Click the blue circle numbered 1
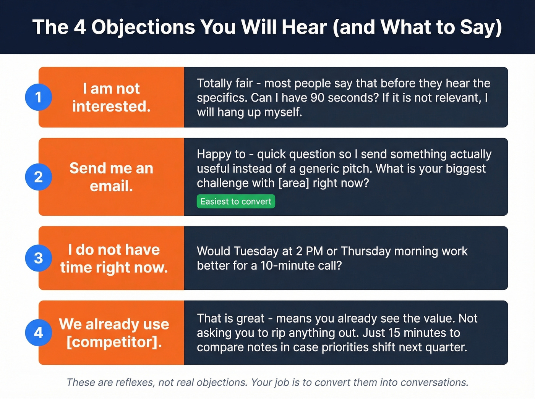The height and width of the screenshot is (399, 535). (38, 97)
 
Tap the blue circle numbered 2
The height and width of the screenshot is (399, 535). (38, 177)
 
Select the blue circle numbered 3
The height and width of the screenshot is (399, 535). (38, 258)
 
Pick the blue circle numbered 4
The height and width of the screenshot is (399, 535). (38, 333)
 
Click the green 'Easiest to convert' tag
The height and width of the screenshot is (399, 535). (236, 202)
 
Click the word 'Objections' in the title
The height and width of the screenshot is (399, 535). (143, 27)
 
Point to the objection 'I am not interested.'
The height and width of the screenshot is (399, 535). (111, 97)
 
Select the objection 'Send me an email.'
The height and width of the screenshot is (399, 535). (111, 177)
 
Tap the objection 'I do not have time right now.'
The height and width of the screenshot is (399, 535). (113, 258)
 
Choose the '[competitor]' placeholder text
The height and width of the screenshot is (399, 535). (114, 342)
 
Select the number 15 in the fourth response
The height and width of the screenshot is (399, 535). (394, 333)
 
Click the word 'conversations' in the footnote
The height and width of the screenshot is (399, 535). (434, 383)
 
